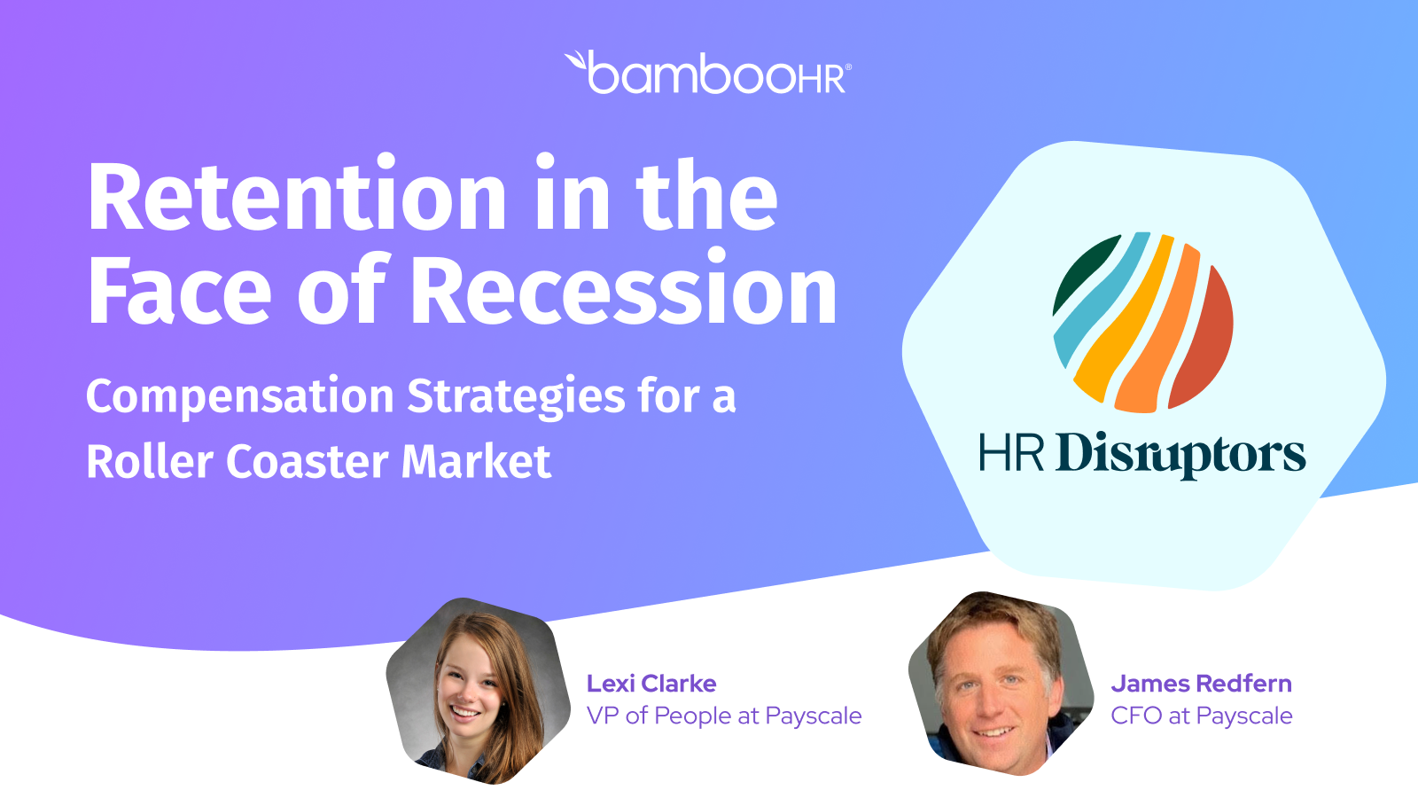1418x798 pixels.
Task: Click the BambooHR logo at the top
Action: click(708, 72)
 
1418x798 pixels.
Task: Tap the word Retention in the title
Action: click(297, 196)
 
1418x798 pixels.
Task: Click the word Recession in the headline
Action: click(626, 289)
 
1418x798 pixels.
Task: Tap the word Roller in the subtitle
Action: click(150, 461)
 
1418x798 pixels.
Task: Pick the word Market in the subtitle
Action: click(476, 461)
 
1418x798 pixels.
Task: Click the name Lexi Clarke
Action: click(651, 684)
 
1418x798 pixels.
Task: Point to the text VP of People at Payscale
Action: click(724, 716)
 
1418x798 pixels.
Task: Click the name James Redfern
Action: click(1202, 684)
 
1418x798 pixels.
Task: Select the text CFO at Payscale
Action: click(1202, 716)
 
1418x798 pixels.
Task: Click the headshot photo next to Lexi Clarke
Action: click(478, 691)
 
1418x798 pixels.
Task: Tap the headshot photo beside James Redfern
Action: click(1001, 684)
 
